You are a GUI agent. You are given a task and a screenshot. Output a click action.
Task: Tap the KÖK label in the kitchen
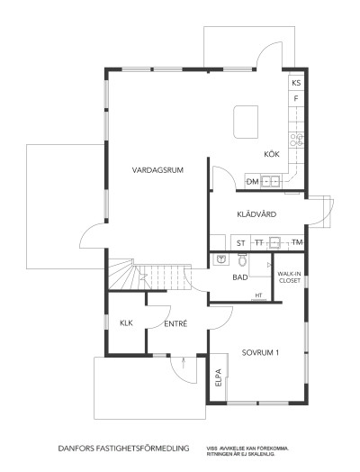pyautogui.click(x=272, y=154)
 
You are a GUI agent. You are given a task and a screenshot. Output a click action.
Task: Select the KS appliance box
pyautogui.click(x=296, y=83)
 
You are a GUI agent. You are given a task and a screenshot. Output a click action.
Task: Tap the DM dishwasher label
pyautogui.click(x=253, y=183)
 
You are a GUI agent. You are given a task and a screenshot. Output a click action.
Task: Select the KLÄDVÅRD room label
pyautogui.click(x=256, y=213)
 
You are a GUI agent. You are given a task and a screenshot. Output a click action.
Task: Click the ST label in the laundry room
pyautogui.click(x=240, y=243)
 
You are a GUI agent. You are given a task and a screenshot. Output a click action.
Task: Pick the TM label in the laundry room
pyautogui.click(x=296, y=243)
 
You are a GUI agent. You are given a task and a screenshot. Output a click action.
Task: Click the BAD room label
pyautogui.click(x=239, y=277)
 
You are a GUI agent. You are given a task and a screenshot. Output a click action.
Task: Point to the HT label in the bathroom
pyautogui.click(x=258, y=295)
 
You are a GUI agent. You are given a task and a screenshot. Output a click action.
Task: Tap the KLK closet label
pyautogui.click(x=126, y=322)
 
